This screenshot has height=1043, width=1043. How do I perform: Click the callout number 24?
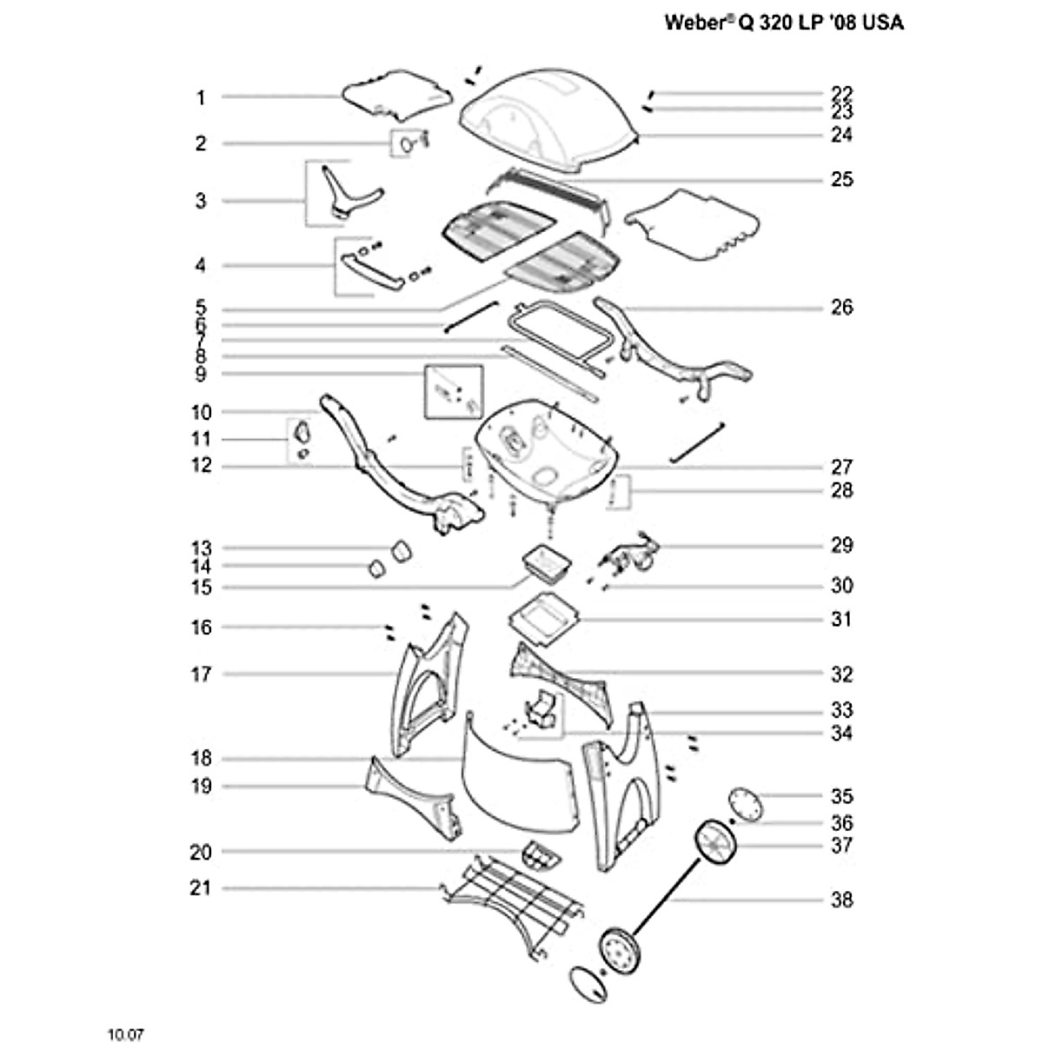pyautogui.click(x=841, y=134)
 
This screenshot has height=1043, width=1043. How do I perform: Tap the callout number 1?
pyautogui.click(x=201, y=98)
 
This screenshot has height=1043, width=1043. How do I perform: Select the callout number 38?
pyautogui.click(x=841, y=900)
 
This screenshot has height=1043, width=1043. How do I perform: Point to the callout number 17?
pyautogui.click(x=200, y=674)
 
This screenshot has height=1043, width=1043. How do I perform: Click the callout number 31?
pyautogui.click(x=841, y=619)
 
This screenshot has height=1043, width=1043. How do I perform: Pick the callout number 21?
pyautogui.click(x=200, y=888)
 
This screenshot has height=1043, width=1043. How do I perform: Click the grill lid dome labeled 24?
pyautogui.click(x=548, y=120)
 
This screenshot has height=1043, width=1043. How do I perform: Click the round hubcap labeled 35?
pyautogui.click(x=745, y=804)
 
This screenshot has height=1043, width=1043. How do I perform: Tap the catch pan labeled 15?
pyautogui.click(x=546, y=564)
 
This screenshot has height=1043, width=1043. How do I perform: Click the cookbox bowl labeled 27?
pyautogui.click(x=547, y=449)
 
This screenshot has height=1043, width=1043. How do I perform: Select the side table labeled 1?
pyautogui.click(x=397, y=96)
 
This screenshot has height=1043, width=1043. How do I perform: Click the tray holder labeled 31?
pyautogui.click(x=544, y=620)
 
